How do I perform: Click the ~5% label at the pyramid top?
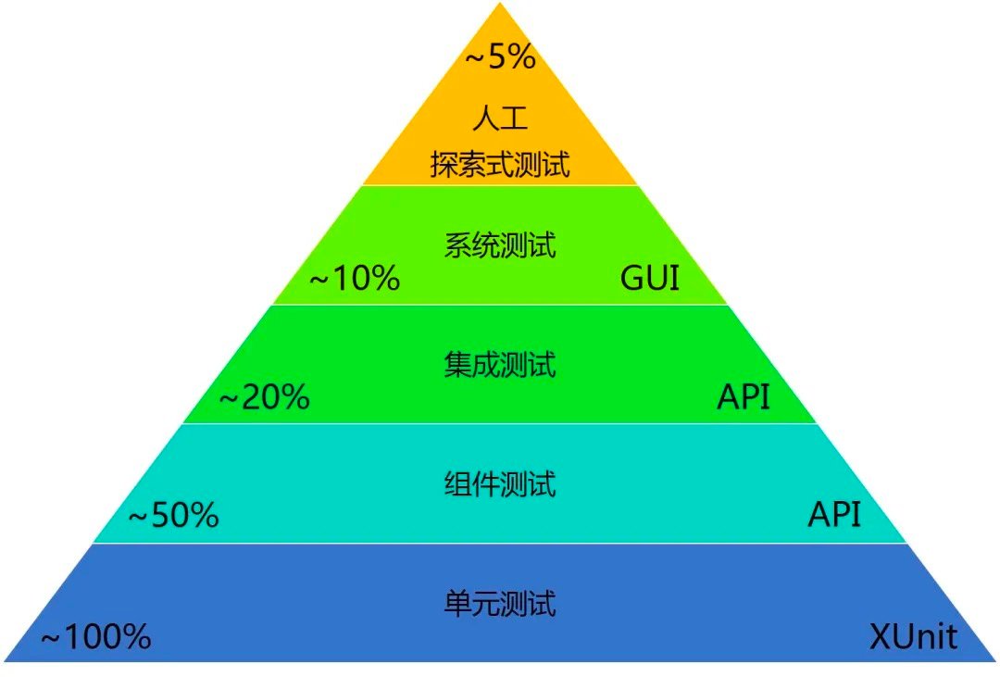(501, 56)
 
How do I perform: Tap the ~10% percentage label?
(355, 278)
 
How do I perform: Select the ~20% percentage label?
(265, 397)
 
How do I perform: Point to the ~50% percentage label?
(174, 515)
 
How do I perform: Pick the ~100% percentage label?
(96, 636)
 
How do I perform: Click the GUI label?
(650, 278)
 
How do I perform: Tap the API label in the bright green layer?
(744, 397)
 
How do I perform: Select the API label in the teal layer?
(835, 514)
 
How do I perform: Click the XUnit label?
(913, 636)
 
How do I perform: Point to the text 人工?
(500, 118)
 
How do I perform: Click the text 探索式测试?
(500, 165)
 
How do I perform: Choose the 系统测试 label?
(500, 245)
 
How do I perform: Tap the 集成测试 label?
(500, 365)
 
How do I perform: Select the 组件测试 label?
(500, 483)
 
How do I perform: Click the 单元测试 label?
(500, 604)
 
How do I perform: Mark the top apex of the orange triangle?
(500, 3)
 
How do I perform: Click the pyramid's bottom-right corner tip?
(996, 661)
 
